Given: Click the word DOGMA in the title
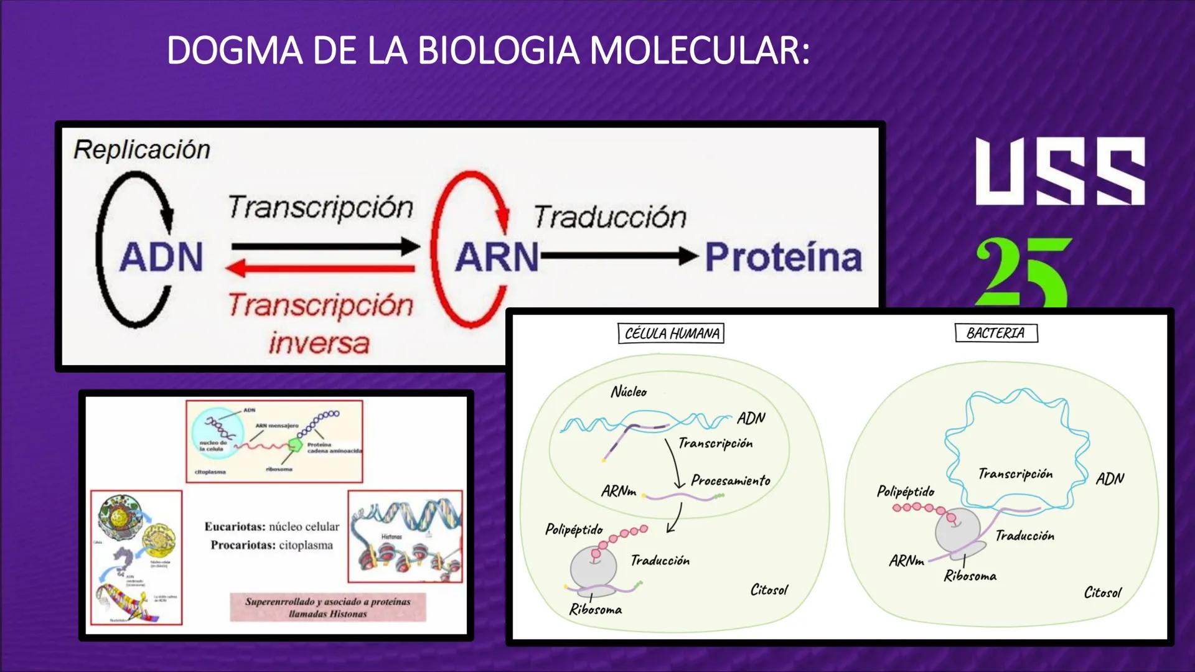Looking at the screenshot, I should pos(235,50).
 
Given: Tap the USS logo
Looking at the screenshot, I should pos(1060,172).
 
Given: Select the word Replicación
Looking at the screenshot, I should pos(142,150).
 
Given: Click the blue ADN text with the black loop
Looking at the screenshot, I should pos(161,256).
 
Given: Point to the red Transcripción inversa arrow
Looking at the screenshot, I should pos(321,269).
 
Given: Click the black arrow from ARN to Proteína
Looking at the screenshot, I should pos(619,256).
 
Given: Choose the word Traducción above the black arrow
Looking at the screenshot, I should pos(610,217).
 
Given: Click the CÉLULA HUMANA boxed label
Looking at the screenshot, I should pos(671,334).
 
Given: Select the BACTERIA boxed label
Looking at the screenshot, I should pos(996,333).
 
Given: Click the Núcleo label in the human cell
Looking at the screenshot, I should pos(629,392).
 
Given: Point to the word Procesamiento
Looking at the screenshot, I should pos(731,480).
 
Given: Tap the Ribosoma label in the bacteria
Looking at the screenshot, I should pos(970,576).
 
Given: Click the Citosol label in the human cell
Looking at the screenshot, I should pos(769,590).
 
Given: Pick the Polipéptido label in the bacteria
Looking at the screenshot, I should pos(906,492).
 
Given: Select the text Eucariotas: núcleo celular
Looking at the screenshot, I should pos(272,526).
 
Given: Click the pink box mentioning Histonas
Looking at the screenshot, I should pos(328,607).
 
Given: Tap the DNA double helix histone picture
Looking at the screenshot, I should pos(405,536).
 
